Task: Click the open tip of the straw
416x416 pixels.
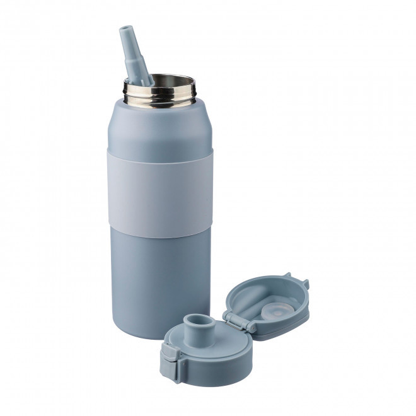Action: (x=125, y=29)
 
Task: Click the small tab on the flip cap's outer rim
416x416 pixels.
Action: (x=288, y=275)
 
